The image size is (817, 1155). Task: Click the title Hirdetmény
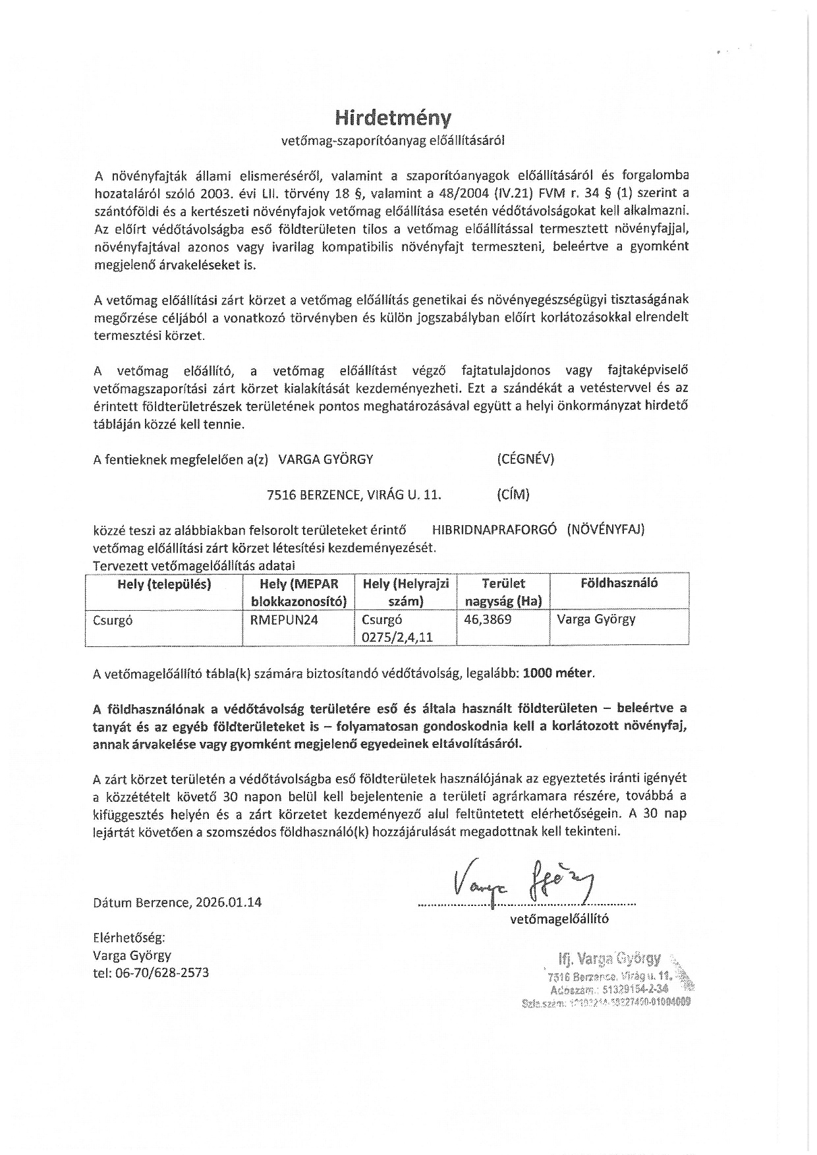coord(393,117)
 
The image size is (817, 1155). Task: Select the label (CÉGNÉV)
coord(526,459)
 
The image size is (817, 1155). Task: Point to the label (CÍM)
coord(513,494)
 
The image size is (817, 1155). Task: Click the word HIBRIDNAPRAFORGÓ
coord(495,529)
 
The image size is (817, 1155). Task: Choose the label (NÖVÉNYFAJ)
coord(606,529)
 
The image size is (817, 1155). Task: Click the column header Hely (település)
coord(164,584)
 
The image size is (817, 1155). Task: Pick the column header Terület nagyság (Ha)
coord(503,592)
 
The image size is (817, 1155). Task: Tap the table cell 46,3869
coord(488,620)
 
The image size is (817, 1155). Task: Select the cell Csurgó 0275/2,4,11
coord(395,628)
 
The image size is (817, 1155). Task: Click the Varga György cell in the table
coord(596,619)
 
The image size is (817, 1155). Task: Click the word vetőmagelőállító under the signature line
coord(559,918)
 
